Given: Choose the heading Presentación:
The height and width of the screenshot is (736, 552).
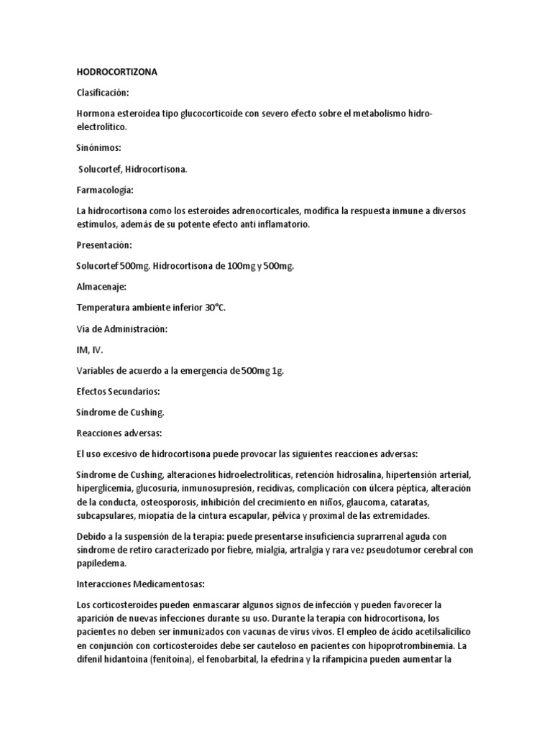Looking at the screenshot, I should point(105,245).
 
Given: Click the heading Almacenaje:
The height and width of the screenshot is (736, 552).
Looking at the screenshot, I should point(101,287).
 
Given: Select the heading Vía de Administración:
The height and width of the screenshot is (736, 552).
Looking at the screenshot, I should point(121,328).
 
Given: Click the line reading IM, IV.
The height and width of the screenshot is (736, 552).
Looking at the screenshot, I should point(88,350).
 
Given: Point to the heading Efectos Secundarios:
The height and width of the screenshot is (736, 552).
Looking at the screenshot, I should point(118,392).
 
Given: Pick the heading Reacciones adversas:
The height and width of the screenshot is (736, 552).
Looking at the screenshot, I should point(119,433).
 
